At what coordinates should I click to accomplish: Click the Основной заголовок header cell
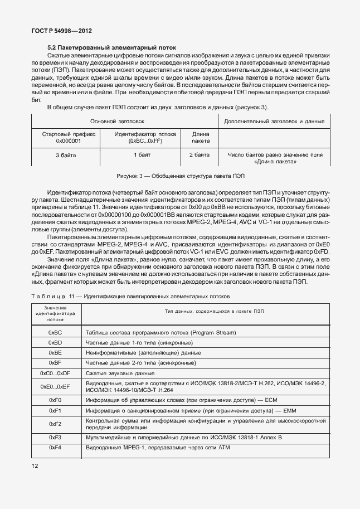click(125, 121)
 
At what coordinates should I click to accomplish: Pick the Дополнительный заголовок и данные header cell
click(274, 121)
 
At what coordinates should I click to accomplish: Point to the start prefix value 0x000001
click(69, 142)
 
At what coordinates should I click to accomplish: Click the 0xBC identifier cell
click(55, 333)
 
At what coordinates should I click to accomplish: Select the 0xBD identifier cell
click(55, 343)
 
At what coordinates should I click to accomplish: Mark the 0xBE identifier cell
click(55, 353)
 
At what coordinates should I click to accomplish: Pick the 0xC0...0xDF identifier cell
click(55, 373)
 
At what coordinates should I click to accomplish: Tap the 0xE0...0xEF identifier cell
click(55, 386)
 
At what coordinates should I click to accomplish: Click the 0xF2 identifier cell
click(55, 424)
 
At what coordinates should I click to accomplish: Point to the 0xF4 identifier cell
click(55, 448)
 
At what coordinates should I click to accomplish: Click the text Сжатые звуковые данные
click(120, 373)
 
